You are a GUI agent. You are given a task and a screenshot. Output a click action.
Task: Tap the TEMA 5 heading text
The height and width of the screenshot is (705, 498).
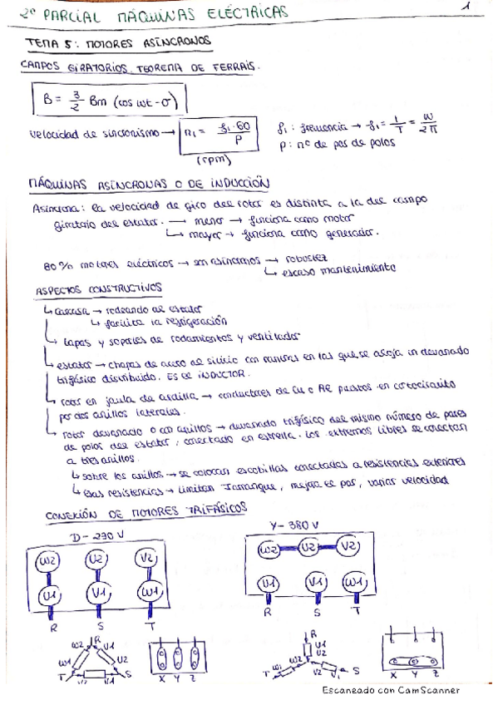(x=71, y=41)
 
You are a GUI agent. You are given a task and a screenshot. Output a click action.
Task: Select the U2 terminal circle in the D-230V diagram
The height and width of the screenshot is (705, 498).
(x=96, y=558)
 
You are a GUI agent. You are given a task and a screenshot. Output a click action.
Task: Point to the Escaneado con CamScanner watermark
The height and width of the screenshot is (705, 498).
(x=391, y=690)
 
